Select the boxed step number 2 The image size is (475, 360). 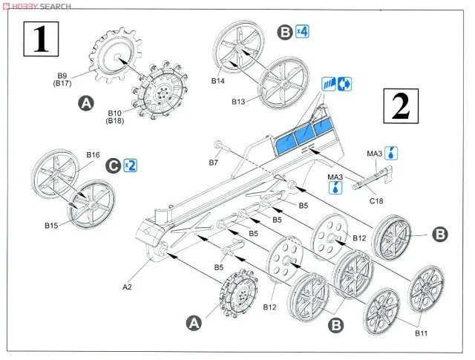pyautogui.click(x=400, y=108)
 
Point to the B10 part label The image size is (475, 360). pyautogui.click(x=116, y=112)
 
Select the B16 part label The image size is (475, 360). pyautogui.click(x=93, y=155)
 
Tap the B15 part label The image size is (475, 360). pyautogui.click(x=52, y=225)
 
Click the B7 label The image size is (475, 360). pyautogui.click(x=213, y=162)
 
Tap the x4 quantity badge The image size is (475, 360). pyautogui.click(x=302, y=32)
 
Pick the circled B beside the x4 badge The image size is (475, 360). pyautogui.click(x=285, y=32)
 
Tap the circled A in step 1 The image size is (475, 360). pyautogui.click(x=86, y=105)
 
